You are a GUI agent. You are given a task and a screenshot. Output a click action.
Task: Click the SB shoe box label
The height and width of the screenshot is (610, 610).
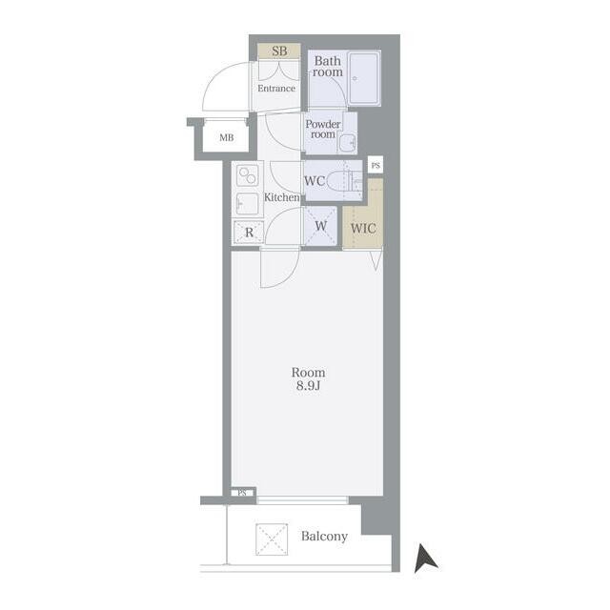(x=279, y=51)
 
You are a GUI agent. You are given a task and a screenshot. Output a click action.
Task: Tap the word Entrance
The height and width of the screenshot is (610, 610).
(x=276, y=89)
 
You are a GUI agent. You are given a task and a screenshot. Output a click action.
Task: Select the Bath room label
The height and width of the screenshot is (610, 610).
(x=328, y=67)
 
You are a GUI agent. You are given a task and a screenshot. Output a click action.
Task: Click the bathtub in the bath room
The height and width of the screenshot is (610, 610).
(x=364, y=78)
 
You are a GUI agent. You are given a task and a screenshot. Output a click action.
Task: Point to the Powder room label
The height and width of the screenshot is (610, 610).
(x=323, y=130)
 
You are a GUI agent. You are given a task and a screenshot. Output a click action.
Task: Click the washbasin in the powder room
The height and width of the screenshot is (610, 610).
(x=347, y=143)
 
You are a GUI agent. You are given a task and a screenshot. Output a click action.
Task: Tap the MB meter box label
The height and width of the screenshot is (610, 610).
(x=227, y=137)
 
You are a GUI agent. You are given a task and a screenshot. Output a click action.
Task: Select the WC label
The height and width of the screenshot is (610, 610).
(x=315, y=181)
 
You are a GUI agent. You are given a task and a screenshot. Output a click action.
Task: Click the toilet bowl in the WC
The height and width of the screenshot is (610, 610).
(x=339, y=181)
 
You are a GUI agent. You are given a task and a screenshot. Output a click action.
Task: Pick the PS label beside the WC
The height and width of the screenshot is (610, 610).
(x=376, y=166)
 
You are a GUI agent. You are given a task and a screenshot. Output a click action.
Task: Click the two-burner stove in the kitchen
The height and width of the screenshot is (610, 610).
(x=248, y=175)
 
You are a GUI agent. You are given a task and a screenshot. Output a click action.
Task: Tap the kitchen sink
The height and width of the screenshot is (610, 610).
(x=248, y=203)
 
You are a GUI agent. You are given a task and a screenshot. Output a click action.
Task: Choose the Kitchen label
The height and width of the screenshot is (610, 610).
(x=282, y=197)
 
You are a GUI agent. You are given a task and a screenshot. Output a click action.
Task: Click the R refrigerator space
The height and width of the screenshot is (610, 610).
(x=249, y=233)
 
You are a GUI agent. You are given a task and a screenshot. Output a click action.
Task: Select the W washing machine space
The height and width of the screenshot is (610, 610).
(x=320, y=226)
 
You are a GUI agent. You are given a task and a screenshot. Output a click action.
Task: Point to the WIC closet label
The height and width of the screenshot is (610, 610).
(x=363, y=229)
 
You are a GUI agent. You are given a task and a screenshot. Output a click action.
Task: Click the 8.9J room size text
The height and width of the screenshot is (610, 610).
(x=308, y=386)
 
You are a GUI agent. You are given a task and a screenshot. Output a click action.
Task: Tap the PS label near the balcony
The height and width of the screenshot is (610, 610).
(x=242, y=493)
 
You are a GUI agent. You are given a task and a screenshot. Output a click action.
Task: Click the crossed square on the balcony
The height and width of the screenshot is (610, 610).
(x=272, y=539)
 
